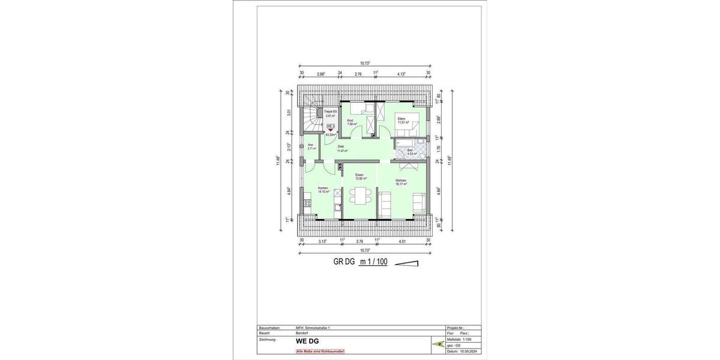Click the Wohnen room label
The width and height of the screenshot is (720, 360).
pos(401,182)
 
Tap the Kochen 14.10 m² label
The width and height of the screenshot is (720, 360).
pos(323,190)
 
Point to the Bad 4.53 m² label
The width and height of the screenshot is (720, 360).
pos(411,152)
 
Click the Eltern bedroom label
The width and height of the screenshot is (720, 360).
pos(402,120)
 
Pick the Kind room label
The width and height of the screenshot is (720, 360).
pos(351,122)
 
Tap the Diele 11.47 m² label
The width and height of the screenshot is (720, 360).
pos(342,149)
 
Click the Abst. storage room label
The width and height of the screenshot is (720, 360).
pos(311,146)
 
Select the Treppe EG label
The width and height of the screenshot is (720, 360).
pos(331,113)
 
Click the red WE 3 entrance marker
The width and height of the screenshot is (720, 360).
pos(330,128)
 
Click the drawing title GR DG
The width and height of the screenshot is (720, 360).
pos(344,262)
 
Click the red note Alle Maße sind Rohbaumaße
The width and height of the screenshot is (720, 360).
pos(320,351)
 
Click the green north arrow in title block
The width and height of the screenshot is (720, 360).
pos(437,344)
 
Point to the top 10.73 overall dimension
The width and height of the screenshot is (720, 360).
pos(364,63)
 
